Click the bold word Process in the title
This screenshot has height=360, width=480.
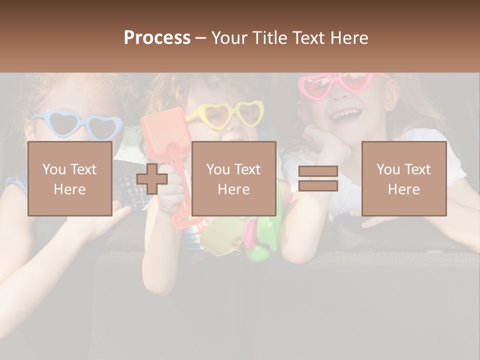click(x=157, y=38)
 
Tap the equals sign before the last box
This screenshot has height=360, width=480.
click(x=318, y=179)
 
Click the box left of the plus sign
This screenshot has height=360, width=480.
click(x=69, y=179)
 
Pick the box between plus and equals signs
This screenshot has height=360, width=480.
click(x=233, y=179)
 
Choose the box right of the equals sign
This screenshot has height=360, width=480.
click(x=403, y=179)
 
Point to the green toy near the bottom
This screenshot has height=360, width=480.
click(x=262, y=240)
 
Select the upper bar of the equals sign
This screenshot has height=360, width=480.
click(x=318, y=171)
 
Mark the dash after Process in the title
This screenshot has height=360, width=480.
click(x=201, y=38)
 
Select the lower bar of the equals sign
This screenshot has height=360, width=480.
click(x=318, y=186)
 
